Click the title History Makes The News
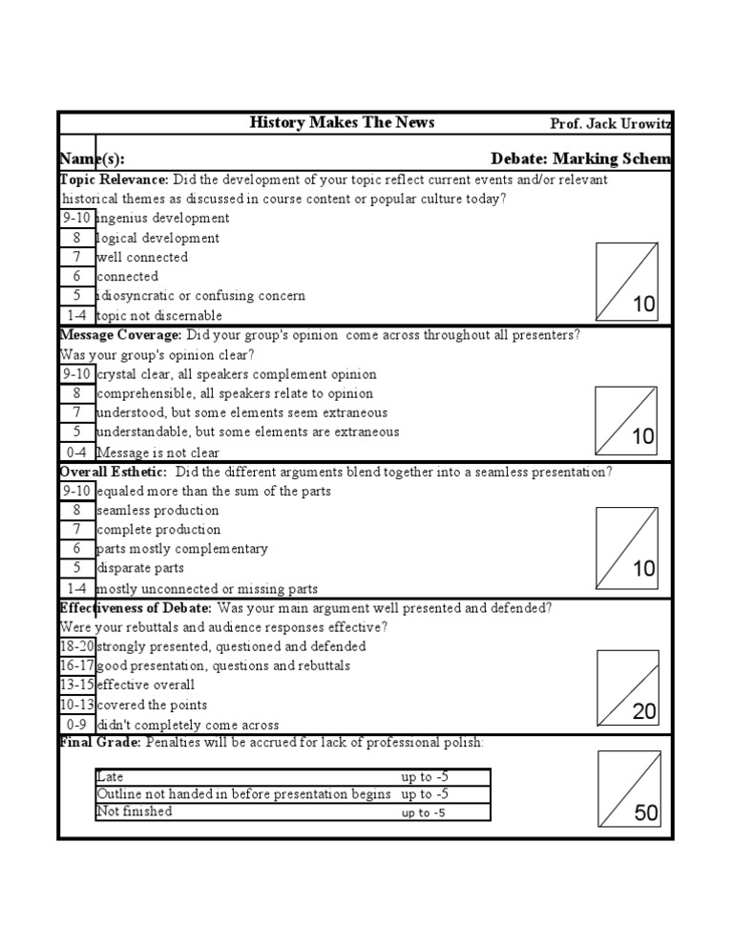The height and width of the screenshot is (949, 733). tap(342, 122)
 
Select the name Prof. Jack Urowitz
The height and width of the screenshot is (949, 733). tap(610, 124)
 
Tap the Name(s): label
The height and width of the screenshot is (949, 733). tap(92, 158)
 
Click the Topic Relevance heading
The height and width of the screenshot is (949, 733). tap(115, 179)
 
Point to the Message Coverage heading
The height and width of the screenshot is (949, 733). tap(120, 335)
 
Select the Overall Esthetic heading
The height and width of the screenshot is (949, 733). tap(114, 472)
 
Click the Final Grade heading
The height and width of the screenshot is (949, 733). tap(100, 743)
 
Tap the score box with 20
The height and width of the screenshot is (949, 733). tap(627, 688)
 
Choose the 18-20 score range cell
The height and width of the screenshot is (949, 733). tap(76, 646)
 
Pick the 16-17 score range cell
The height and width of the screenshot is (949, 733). tap(76, 665)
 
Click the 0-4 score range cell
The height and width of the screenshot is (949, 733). tap(76, 453)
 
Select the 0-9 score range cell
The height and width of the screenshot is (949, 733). tap(76, 725)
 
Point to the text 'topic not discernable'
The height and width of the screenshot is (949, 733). tap(159, 316)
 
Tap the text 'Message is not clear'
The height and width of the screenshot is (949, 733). tap(158, 453)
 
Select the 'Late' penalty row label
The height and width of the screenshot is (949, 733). tap(111, 777)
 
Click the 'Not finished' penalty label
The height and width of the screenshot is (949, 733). tap(135, 812)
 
